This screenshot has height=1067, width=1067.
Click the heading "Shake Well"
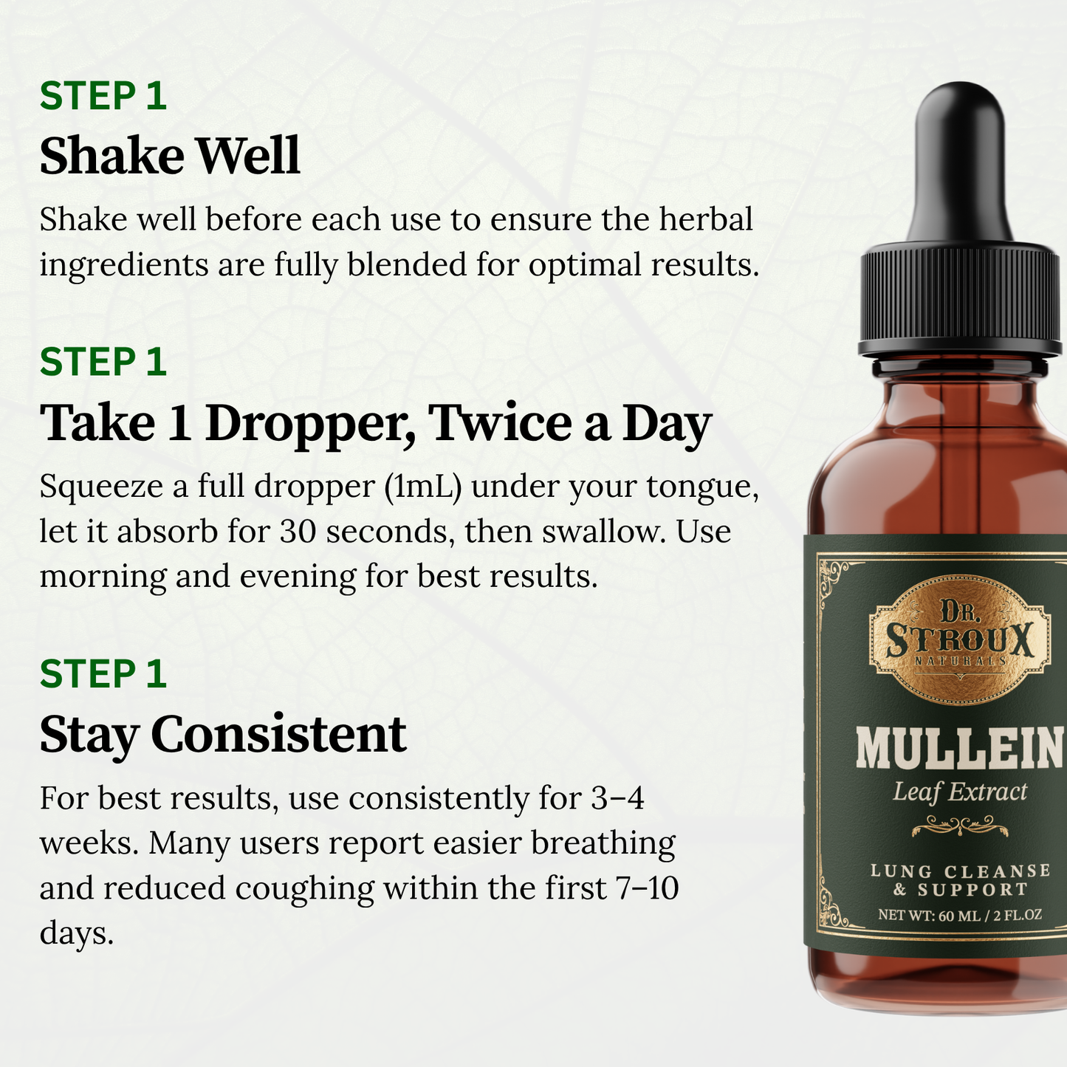pyautogui.click(x=169, y=156)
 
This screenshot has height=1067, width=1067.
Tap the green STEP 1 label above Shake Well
pyautogui.click(x=103, y=96)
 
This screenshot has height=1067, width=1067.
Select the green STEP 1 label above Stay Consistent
pyautogui.click(x=103, y=674)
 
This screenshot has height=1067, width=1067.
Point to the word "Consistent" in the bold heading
pyautogui.click(x=278, y=735)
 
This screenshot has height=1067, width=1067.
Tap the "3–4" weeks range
pyautogui.click(x=618, y=798)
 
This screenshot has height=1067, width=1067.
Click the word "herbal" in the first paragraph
pyautogui.click(x=706, y=219)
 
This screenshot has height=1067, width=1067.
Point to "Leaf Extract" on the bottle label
pyautogui.click(x=960, y=792)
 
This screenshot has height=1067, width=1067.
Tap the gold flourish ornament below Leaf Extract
pyautogui.click(x=960, y=826)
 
